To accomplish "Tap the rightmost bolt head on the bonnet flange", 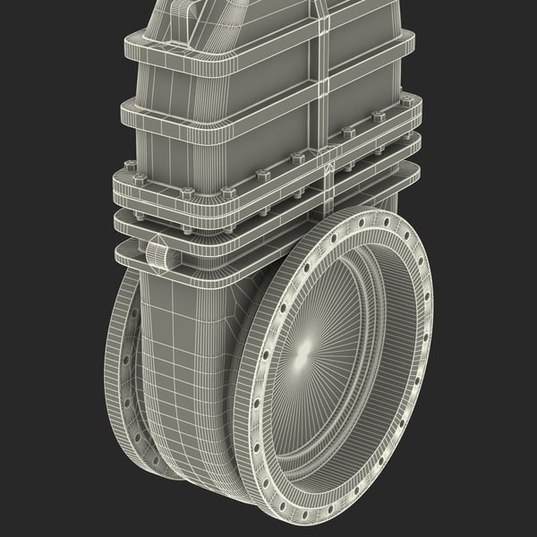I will point(407,102).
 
